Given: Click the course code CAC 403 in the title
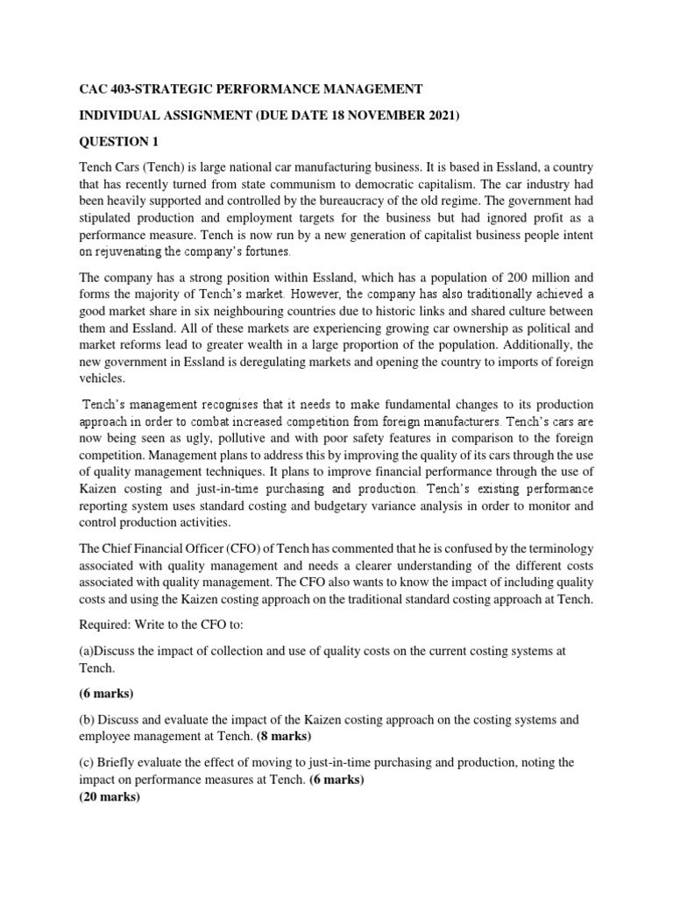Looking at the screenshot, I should pos(104,89).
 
